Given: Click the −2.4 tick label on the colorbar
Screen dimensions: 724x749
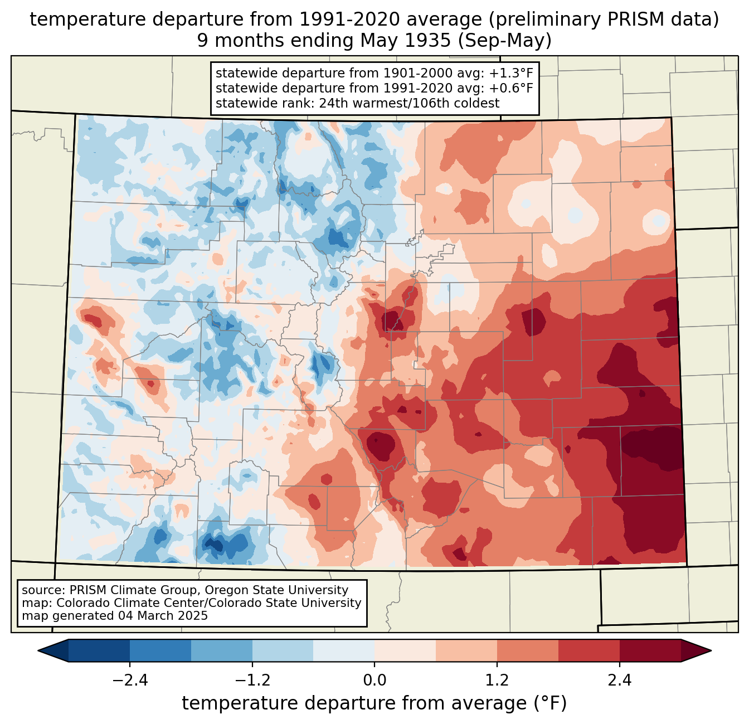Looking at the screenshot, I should click(130, 681).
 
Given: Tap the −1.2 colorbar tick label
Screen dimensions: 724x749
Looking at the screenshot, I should click(252, 681).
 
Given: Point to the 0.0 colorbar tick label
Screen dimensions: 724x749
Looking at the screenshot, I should click(374, 681).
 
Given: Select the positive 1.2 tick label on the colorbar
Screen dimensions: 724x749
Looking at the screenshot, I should click(497, 681).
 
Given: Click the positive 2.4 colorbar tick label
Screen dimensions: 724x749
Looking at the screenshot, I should click(620, 681).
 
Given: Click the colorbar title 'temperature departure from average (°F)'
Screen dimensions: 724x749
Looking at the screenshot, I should click(374, 703).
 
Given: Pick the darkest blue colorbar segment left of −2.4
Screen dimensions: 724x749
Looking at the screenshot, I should click(99, 650).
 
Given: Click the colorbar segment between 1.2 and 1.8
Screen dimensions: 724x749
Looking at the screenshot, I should click(528, 650).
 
